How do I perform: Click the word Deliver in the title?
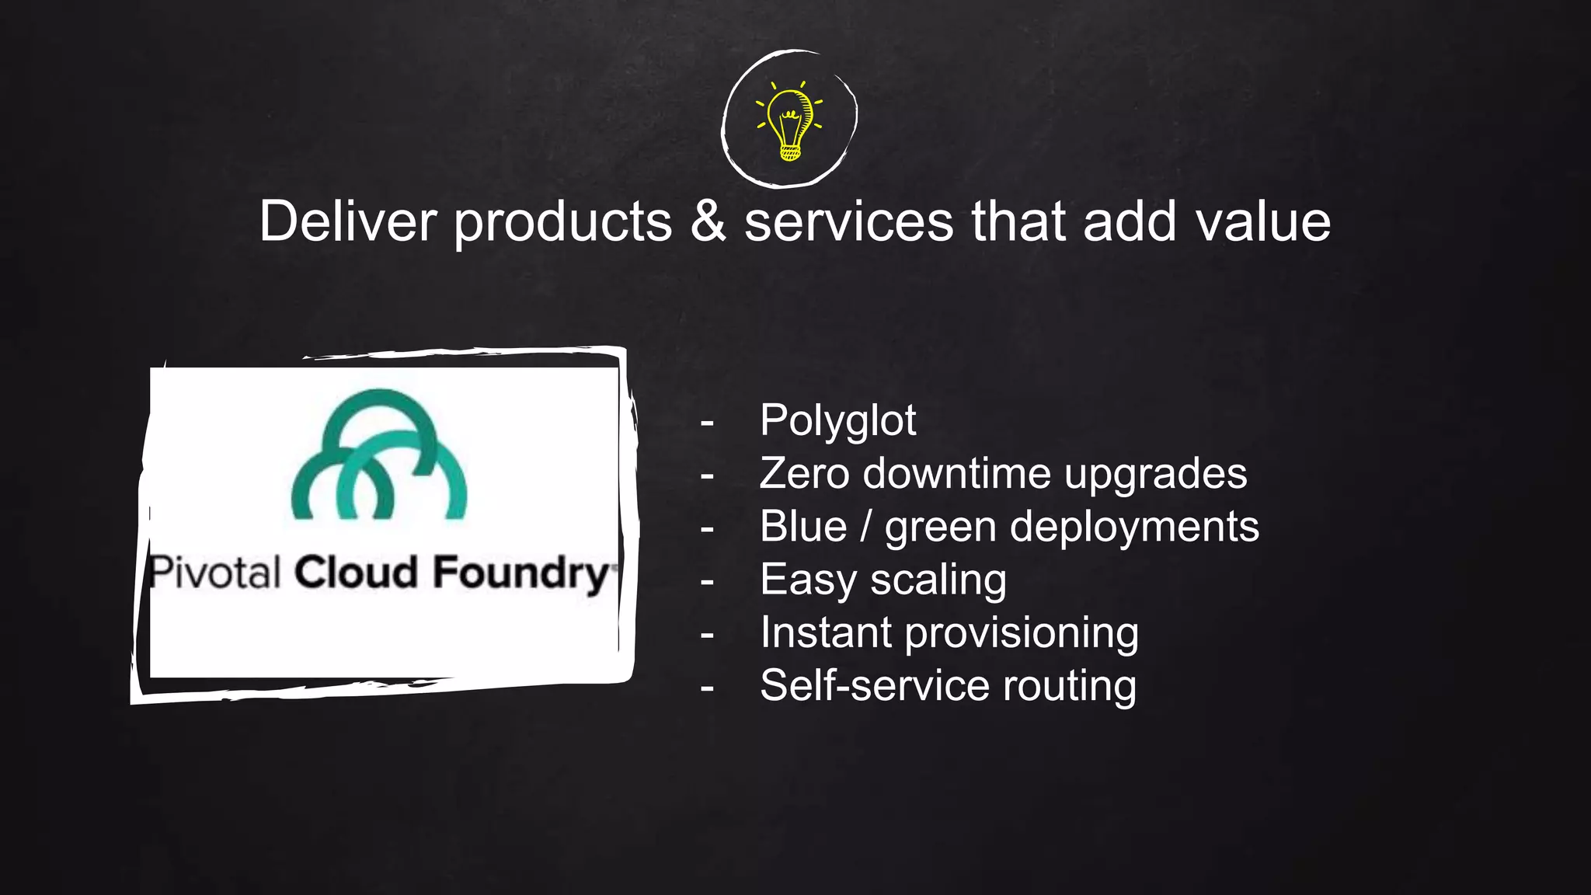click(349, 221)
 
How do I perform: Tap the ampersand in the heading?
click(708, 221)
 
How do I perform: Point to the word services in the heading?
click(848, 221)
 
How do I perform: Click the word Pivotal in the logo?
click(214, 573)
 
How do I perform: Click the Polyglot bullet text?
click(837, 421)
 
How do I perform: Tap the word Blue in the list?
click(803, 526)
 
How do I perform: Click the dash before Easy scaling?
click(707, 581)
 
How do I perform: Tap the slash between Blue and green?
click(865, 526)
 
